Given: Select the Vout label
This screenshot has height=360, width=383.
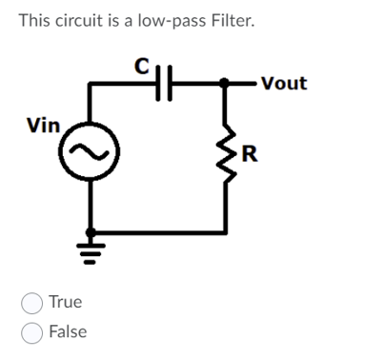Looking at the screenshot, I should tap(283, 83).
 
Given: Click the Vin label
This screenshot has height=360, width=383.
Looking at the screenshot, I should tap(43, 125).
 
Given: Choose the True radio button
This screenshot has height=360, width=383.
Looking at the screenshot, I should tap(31, 303).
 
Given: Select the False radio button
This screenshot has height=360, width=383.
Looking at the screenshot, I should tap(31, 332).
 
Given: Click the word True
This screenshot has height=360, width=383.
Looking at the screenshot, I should tap(66, 302).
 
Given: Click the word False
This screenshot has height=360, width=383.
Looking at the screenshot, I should tap(68, 331).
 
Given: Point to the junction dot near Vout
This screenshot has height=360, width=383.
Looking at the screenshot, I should tap(227, 84).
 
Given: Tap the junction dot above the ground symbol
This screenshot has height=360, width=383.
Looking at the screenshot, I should tap(91, 231).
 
